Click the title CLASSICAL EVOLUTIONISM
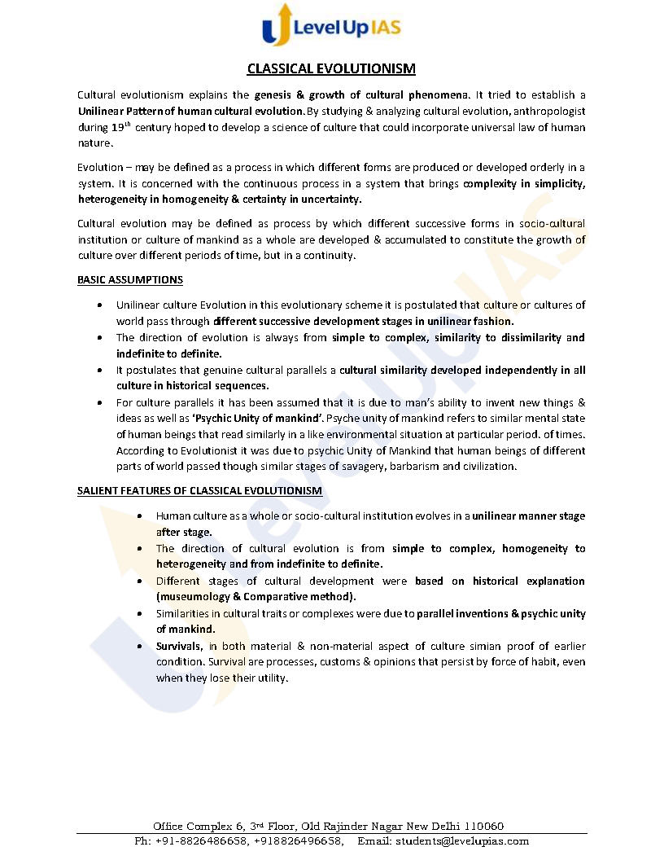click(x=331, y=68)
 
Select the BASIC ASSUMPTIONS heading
click(x=129, y=279)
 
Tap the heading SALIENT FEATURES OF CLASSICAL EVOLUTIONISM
click(x=199, y=490)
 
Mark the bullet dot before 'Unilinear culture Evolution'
click(x=98, y=305)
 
